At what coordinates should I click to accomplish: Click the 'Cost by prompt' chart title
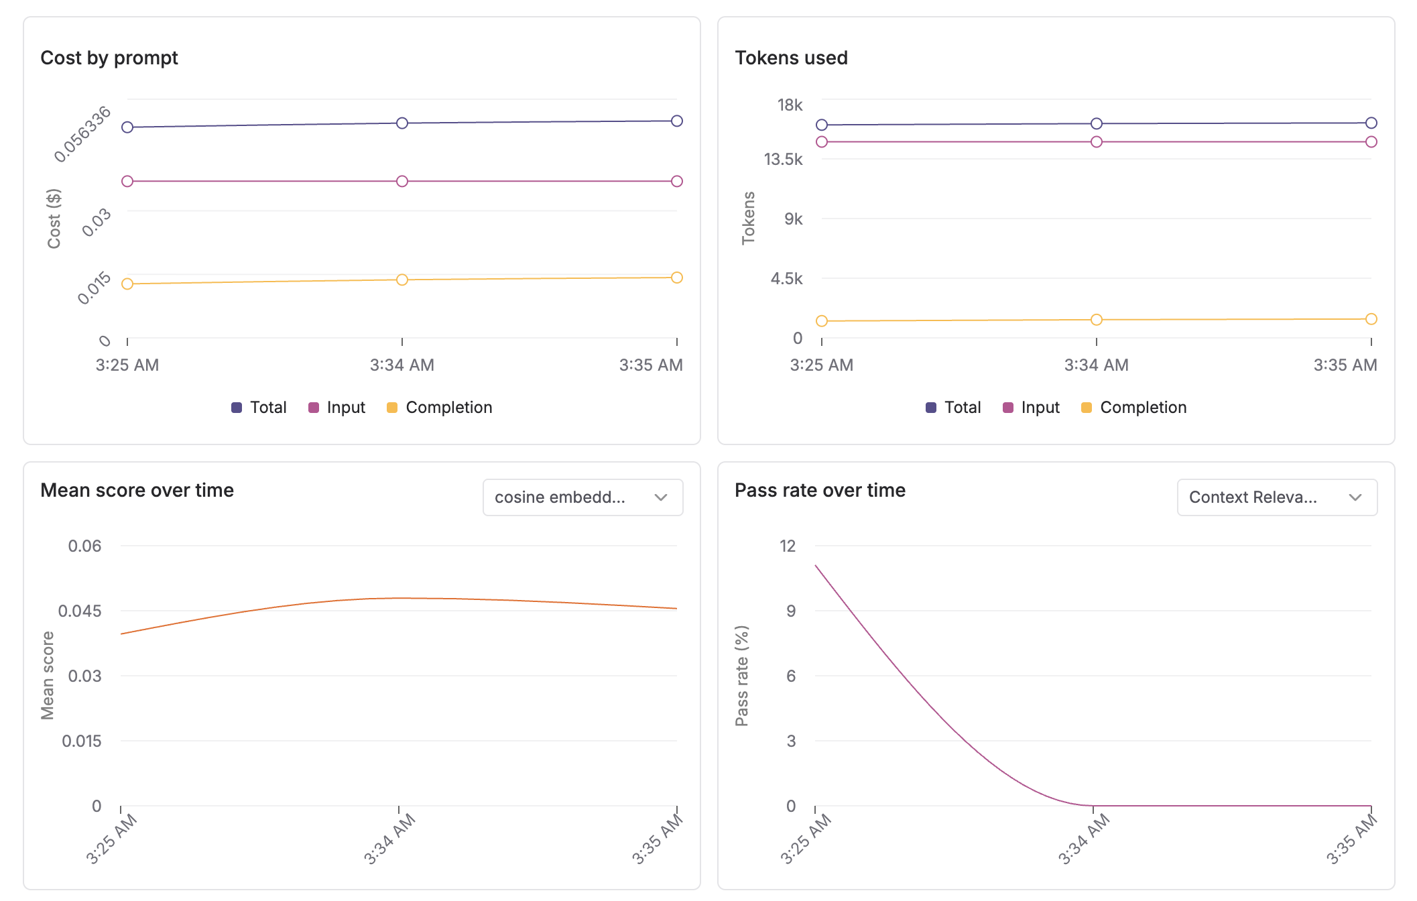pos(109,58)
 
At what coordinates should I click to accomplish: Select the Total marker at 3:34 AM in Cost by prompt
pos(402,123)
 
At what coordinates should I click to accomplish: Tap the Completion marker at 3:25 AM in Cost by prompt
pos(127,284)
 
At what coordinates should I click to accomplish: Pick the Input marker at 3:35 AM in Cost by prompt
pos(677,182)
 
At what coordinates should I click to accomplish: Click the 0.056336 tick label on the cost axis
pos(82,134)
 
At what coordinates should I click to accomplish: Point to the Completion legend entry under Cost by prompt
pos(440,408)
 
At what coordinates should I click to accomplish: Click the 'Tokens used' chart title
pos(791,58)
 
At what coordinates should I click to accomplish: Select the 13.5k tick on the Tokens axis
pos(783,159)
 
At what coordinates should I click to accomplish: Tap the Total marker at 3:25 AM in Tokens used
pos(822,125)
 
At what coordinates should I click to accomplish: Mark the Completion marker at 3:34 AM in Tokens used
pos(1097,320)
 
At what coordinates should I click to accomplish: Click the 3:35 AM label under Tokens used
pos(1345,365)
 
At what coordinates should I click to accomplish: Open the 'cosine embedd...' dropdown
pos(582,497)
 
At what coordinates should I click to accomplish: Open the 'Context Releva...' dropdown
pos(1277,497)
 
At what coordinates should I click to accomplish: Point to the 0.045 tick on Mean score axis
pos(80,611)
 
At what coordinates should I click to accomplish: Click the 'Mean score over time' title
pos(137,490)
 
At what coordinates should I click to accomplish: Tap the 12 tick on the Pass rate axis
pos(788,546)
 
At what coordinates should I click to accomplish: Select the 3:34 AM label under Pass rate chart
pos(1083,839)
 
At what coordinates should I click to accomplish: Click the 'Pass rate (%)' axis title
pos(741,676)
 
